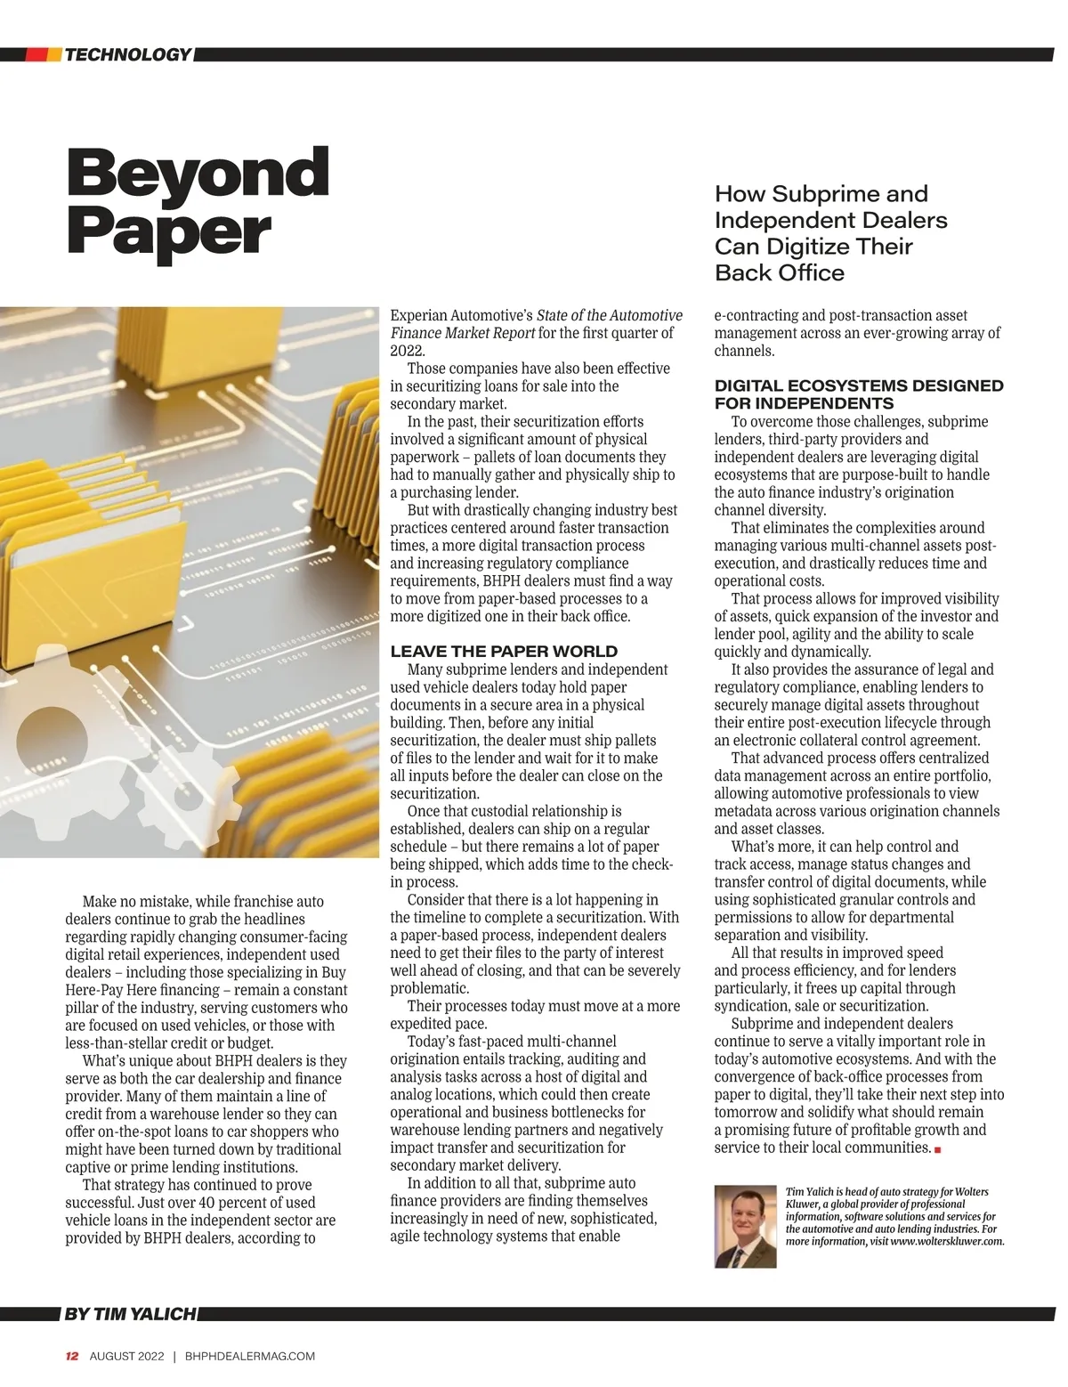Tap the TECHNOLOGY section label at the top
(x=127, y=55)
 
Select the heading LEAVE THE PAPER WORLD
(x=504, y=652)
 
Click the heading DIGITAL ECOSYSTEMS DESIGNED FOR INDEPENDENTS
(x=858, y=394)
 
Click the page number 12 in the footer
(x=72, y=1357)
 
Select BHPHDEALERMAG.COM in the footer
(x=250, y=1357)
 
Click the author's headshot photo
(x=745, y=1226)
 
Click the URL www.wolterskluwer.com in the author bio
(x=947, y=1242)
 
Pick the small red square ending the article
(x=938, y=1150)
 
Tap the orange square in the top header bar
(x=54, y=55)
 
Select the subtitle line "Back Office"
(x=779, y=272)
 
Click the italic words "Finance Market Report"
(x=463, y=333)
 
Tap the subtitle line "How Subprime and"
(x=821, y=194)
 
